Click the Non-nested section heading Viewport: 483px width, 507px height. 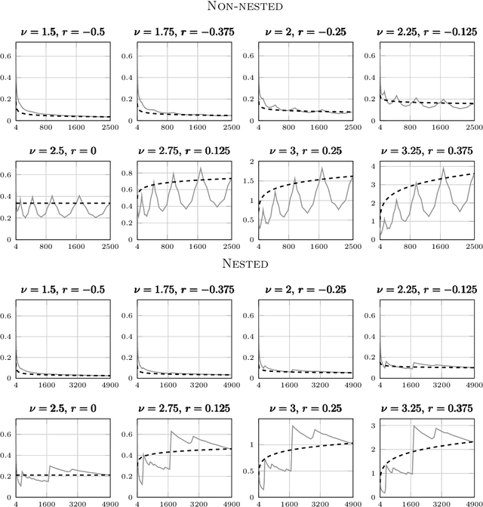pos(241,8)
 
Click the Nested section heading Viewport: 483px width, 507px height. pos(241,264)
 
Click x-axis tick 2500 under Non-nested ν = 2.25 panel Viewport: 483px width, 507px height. pos(473,128)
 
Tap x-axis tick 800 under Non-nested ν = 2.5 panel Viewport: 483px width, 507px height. pos(45,246)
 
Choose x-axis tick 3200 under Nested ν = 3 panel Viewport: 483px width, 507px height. pos(320,500)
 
